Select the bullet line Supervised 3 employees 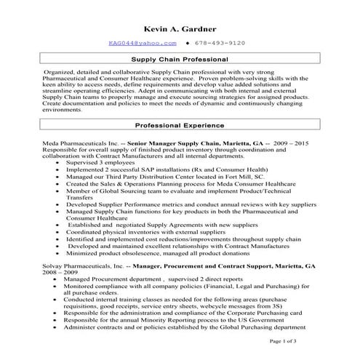[x=105, y=163]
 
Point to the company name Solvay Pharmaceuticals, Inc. [x=73, y=266]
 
